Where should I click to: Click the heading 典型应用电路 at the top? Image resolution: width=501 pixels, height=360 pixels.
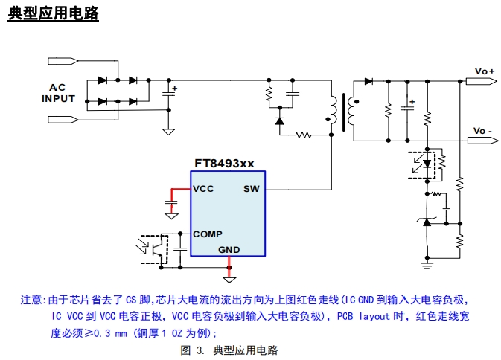(53, 14)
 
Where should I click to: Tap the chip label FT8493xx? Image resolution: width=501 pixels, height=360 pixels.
(225, 163)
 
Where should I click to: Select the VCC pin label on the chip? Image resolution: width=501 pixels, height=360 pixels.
(203, 189)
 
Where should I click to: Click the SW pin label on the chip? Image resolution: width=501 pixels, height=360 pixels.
(251, 189)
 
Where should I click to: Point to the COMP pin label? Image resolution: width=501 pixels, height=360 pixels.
(207, 234)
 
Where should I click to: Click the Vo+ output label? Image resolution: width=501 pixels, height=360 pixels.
(485, 71)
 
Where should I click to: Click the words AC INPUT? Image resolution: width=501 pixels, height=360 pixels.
(58, 93)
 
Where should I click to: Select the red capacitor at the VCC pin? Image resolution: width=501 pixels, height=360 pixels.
(171, 202)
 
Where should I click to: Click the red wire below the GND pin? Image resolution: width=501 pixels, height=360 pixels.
(230, 266)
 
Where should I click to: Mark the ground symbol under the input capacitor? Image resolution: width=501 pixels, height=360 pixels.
(169, 131)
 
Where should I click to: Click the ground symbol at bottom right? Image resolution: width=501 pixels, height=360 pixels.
(427, 263)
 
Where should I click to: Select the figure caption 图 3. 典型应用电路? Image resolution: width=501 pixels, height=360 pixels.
(229, 350)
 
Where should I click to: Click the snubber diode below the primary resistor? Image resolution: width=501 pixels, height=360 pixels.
(280, 120)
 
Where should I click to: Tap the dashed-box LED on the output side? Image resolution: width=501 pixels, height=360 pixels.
(427, 163)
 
